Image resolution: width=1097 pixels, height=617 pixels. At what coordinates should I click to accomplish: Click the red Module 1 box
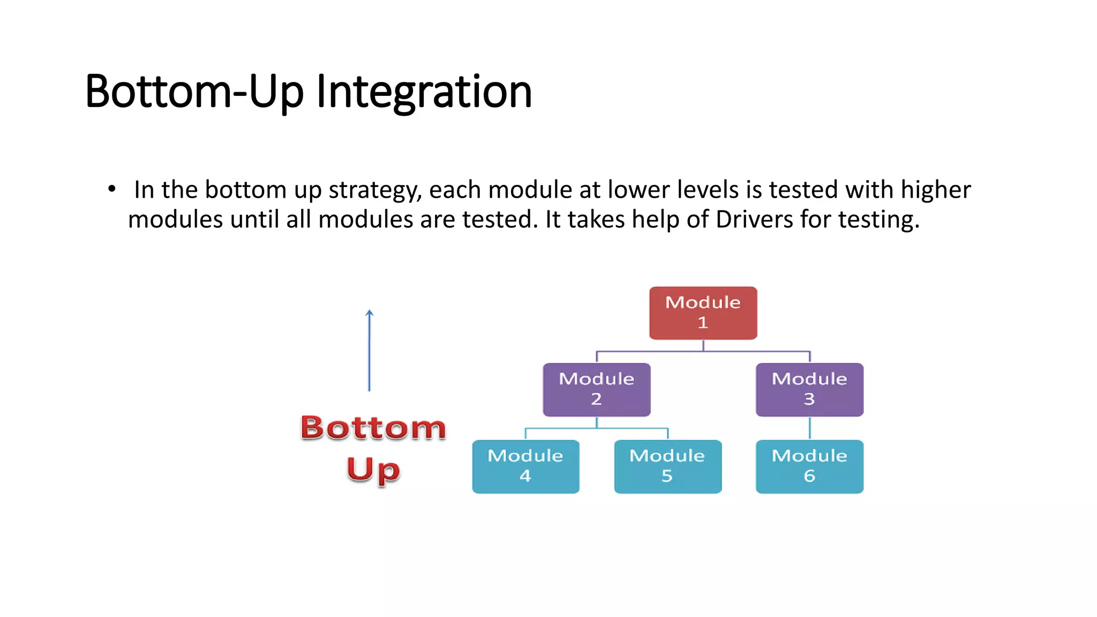703,313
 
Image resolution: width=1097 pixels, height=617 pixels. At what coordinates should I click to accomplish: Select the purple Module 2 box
596,389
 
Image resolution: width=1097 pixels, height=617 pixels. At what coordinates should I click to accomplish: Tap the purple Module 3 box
809,389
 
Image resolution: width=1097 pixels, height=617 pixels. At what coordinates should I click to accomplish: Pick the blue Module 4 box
525,466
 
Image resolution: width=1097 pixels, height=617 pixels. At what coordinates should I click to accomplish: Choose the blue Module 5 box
667,466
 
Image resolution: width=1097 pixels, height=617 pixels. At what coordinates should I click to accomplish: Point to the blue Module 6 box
809,466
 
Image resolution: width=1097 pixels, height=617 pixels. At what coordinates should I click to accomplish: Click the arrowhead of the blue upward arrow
369,313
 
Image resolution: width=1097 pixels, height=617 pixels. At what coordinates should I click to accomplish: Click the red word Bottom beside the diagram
373,427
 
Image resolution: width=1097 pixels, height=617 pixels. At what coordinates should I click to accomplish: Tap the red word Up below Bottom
373,470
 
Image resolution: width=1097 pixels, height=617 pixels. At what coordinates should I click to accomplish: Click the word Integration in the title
424,92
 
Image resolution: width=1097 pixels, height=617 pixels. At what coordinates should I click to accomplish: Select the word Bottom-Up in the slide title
194,92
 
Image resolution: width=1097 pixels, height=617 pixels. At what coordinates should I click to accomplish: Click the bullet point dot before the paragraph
111,189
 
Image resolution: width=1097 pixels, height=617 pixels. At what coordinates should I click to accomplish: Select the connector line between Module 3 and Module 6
809,428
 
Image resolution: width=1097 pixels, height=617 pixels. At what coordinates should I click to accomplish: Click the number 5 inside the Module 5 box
667,476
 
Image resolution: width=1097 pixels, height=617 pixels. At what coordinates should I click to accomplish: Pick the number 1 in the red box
703,322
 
